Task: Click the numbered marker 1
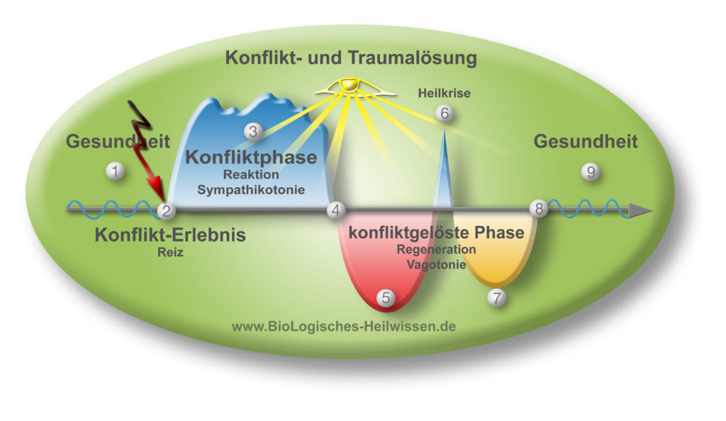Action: pyautogui.click(x=115, y=172)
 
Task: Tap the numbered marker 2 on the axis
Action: pyautogui.click(x=166, y=211)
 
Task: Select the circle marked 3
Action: pyautogui.click(x=253, y=132)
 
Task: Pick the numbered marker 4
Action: pyautogui.click(x=335, y=211)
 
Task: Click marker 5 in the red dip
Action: pyautogui.click(x=386, y=298)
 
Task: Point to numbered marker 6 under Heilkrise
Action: pyautogui.click(x=445, y=113)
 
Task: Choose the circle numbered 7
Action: pyautogui.click(x=497, y=298)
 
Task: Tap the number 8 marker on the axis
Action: pyautogui.click(x=539, y=208)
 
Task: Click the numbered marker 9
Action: pyautogui.click(x=591, y=172)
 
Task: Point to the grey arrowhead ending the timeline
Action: pyautogui.click(x=641, y=211)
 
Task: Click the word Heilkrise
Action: pyautogui.click(x=444, y=94)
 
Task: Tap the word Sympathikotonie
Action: pyautogui.click(x=251, y=190)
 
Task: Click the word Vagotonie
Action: pyautogui.click(x=436, y=264)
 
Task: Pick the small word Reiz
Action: pyautogui.click(x=170, y=252)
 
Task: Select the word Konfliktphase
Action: pyautogui.click(x=251, y=157)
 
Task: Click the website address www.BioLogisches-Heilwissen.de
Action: pyautogui.click(x=344, y=327)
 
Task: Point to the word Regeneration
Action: pyautogui.click(x=436, y=249)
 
